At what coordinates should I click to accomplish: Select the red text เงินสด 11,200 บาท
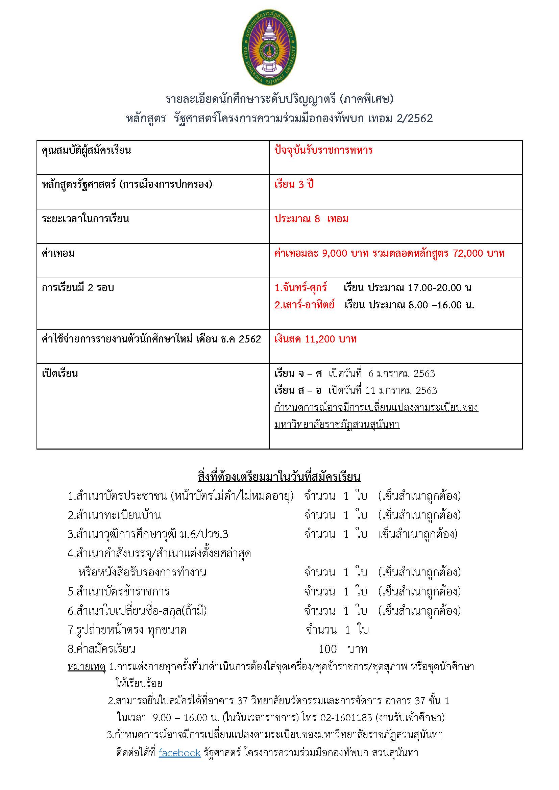pos(315,339)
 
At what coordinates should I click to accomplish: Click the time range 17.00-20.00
pos(434,288)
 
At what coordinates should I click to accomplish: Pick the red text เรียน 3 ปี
pos(294,185)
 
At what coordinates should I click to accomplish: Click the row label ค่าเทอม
pos(58,254)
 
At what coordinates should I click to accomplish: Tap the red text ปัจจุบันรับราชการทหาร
pos(323,150)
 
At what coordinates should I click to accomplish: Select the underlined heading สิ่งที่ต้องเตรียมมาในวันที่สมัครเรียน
pos(279,477)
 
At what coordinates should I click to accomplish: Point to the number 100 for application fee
pos(327,649)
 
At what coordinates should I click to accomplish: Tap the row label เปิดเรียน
pos(60,373)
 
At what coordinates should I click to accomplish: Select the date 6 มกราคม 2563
pos(402,374)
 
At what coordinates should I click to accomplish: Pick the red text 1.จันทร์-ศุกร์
pos(300,288)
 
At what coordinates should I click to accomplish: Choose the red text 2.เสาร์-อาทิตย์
pos(304,305)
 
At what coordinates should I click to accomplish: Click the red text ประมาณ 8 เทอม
pos(311,219)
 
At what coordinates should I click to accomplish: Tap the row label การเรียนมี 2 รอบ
pos(78,288)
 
